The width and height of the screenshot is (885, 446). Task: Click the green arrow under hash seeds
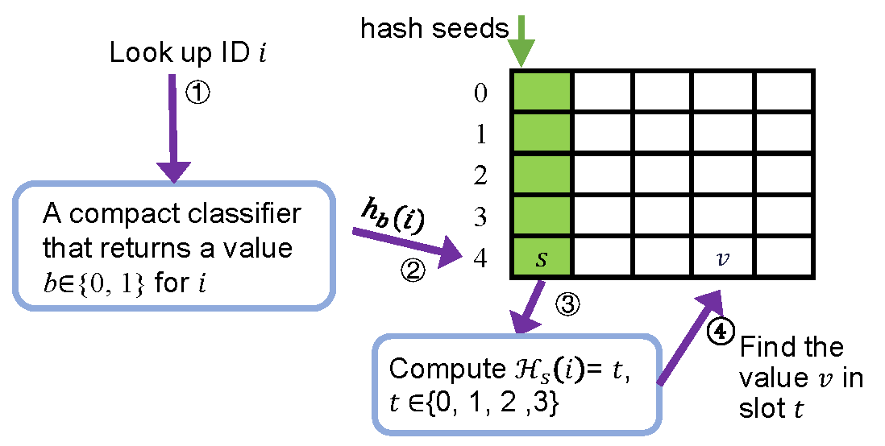[521, 40]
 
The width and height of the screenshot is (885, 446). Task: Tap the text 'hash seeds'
[434, 29]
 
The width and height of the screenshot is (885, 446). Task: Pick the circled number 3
[567, 305]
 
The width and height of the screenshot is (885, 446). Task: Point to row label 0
[481, 93]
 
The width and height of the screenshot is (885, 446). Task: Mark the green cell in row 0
[542, 92]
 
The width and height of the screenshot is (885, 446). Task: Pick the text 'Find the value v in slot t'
[800, 377]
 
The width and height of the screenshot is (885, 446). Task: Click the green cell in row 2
[542, 176]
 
